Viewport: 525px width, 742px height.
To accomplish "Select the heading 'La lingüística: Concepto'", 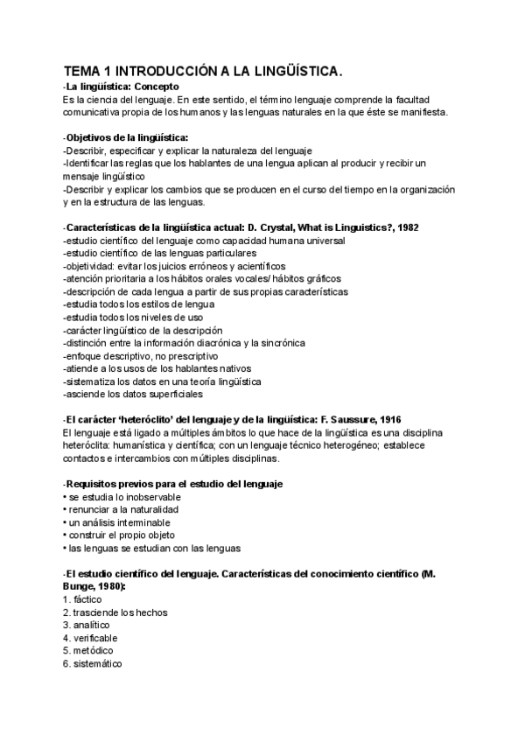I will tap(122, 87).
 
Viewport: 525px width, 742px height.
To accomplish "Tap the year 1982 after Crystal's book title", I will tap(407, 227).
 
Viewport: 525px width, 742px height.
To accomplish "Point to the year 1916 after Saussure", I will tap(388, 419).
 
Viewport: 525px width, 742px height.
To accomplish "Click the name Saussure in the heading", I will tap(338, 419).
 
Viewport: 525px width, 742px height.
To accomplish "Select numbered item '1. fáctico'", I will tap(82, 599).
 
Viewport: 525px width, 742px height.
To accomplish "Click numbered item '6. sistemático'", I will tap(93, 663).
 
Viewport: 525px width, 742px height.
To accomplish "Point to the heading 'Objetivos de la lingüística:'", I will tap(126, 137).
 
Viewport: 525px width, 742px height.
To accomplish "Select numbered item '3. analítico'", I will tap(86, 625).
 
